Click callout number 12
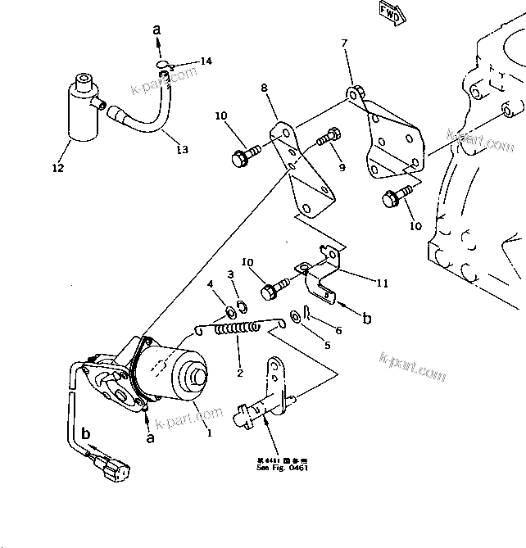tap(57, 169)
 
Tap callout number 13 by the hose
tap(182, 149)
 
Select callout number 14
tap(205, 61)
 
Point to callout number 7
tap(344, 43)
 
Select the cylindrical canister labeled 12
tap(84, 109)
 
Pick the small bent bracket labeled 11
tap(321, 274)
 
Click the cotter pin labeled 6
tap(305, 312)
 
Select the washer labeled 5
tap(293, 316)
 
